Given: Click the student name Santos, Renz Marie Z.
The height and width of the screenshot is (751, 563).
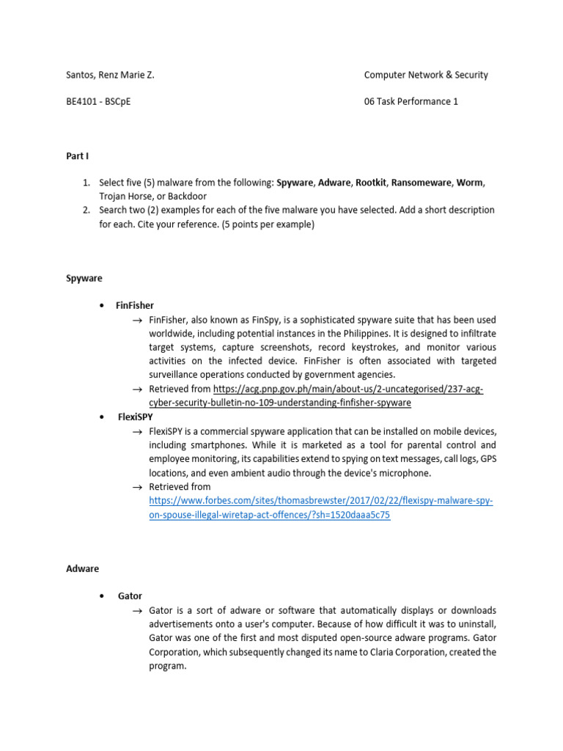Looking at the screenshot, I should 110,75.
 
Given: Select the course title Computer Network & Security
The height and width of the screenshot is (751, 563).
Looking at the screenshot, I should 426,75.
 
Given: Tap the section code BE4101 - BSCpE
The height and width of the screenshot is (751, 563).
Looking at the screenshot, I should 98,102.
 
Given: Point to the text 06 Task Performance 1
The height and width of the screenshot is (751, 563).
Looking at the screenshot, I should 411,102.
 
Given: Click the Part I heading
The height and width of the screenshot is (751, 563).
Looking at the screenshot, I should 77,155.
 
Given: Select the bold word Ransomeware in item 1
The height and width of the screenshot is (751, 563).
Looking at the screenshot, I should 422,183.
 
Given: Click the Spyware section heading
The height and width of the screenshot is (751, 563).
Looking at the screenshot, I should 84,279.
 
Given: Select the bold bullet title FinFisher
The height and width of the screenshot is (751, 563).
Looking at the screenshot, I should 135,305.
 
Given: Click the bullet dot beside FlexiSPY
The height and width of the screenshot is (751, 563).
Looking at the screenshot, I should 100,417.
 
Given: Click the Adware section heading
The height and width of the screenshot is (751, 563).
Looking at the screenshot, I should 83,568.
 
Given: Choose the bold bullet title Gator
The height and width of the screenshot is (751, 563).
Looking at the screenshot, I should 130,596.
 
